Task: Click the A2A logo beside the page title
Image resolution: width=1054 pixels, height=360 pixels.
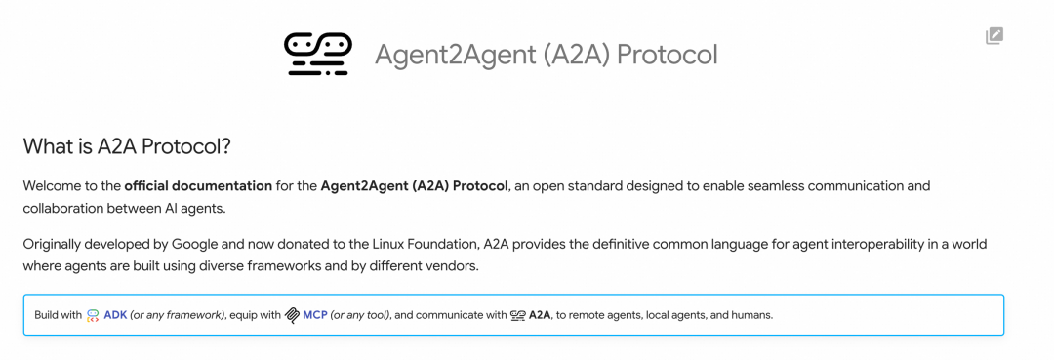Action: [x=317, y=54]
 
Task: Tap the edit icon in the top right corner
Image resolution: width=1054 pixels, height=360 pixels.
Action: [x=993, y=36]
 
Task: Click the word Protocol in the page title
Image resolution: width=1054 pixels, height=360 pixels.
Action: [x=667, y=54]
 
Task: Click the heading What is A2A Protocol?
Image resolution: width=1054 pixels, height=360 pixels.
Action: [x=127, y=146]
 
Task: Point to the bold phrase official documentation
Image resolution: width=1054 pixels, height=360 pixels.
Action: [x=198, y=185]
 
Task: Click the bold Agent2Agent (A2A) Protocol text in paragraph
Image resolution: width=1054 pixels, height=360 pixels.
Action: [x=414, y=185]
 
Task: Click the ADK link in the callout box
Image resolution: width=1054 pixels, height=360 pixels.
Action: [x=115, y=315]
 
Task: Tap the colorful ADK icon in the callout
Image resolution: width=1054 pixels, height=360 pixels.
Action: [x=93, y=315]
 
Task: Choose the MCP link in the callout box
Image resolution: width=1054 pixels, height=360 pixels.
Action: [x=314, y=315]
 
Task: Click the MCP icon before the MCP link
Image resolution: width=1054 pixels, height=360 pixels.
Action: [x=292, y=315]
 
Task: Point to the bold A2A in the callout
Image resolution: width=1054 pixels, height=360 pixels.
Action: [x=540, y=315]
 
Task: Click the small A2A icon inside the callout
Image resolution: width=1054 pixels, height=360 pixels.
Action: [x=518, y=315]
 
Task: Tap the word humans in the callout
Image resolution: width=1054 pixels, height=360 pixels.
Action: [x=750, y=315]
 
